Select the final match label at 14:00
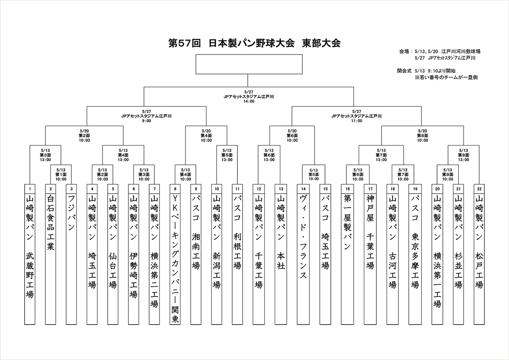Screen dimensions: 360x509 [x=249, y=96]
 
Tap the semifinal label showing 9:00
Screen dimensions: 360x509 [x=146, y=116]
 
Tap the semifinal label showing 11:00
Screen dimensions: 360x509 [x=357, y=116]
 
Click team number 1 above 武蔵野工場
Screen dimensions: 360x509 [x=30, y=188]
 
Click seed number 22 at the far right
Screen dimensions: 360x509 [x=479, y=188]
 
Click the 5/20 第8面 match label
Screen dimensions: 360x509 [x=422, y=135]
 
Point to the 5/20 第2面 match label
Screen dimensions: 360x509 [x=84, y=135]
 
